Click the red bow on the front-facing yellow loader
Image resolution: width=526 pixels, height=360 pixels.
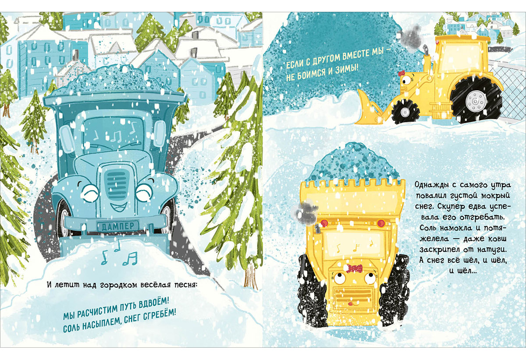355,268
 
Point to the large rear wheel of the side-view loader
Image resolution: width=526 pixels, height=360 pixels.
475,101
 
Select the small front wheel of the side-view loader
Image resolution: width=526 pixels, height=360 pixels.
405,112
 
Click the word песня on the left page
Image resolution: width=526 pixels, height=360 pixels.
185,285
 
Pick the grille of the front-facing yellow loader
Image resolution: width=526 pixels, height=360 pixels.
353,296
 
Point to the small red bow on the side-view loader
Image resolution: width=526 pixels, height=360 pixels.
401,74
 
